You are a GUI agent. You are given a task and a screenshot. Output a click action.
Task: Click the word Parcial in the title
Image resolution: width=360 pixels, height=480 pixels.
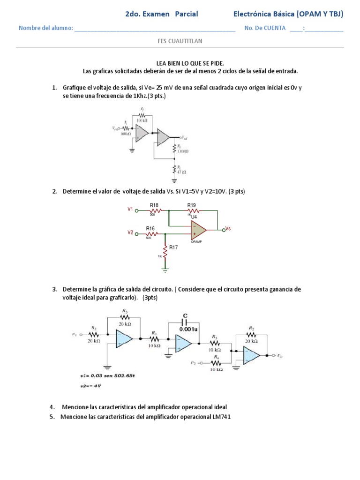186,14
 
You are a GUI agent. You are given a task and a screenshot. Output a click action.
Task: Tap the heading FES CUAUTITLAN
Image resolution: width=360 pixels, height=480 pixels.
180,41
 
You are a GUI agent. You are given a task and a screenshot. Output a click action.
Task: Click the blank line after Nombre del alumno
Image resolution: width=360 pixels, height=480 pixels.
155,29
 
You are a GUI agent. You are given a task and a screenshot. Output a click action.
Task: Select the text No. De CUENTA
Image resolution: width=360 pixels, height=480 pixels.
265,28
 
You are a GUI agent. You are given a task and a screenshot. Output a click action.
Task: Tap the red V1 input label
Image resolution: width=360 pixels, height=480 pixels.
131,209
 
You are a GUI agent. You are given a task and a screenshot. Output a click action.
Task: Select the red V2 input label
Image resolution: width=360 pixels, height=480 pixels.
131,232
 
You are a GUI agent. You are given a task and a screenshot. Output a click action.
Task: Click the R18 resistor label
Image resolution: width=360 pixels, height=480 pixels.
154,205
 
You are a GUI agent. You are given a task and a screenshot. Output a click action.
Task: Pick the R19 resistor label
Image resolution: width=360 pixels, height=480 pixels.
191,205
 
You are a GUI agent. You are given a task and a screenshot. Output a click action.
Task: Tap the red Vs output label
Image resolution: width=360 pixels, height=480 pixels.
228,228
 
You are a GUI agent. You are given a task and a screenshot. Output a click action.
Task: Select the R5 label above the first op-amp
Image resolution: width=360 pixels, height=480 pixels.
124,311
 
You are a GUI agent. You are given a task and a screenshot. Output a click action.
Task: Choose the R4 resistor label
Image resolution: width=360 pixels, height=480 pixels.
216,357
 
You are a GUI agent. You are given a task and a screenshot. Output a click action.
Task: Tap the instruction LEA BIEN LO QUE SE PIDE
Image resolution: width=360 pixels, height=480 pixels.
190,63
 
